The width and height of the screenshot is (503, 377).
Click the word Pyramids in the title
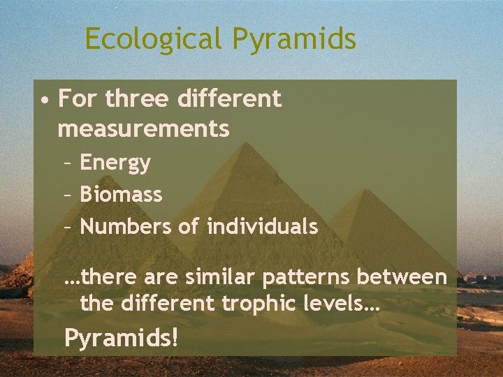pyautogui.click(x=295, y=39)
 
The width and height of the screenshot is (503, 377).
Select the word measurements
pyautogui.click(x=143, y=128)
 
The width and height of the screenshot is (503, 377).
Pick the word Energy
pyautogui.click(x=115, y=163)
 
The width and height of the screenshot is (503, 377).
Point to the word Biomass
pyautogui.click(x=121, y=194)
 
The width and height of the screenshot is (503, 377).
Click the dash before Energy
pyautogui.click(x=67, y=164)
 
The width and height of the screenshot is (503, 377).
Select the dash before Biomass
pyautogui.click(x=67, y=195)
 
